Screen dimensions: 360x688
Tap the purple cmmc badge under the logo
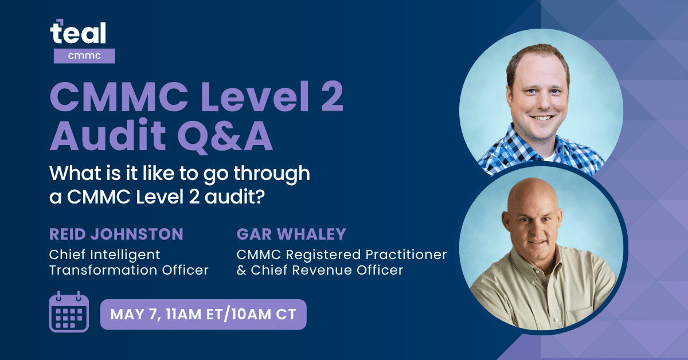[x=84, y=56]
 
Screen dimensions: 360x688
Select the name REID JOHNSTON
[x=116, y=234]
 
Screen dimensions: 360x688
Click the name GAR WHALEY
[x=291, y=234]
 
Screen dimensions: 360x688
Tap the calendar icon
[x=69, y=312]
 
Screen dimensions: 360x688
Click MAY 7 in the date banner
[x=134, y=315]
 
